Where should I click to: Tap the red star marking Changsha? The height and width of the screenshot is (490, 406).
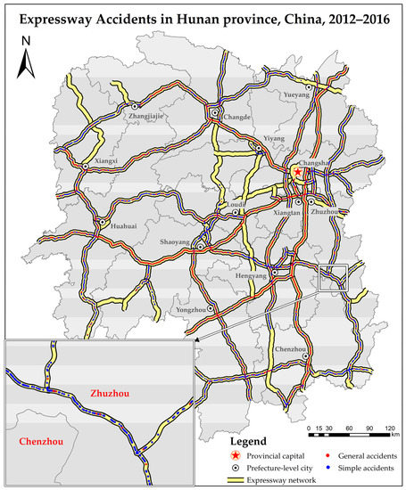point(298,172)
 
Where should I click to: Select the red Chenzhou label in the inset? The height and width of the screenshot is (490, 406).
point(32,440)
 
